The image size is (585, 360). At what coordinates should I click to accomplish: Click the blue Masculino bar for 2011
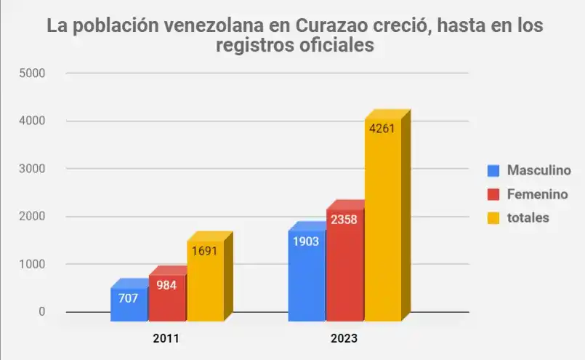pos(129,305)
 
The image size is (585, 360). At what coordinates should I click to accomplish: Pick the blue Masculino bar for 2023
pos(307,276)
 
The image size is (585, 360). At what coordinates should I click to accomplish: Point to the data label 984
pos(167,285)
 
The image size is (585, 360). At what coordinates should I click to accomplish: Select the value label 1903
pos(307,241)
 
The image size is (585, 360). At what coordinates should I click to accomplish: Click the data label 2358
pos(344,219)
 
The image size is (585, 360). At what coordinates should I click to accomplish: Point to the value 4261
pos(383,129)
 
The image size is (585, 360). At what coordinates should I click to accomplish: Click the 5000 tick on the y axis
pos(33,73)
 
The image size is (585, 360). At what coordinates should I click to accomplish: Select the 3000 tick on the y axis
pos(33,169)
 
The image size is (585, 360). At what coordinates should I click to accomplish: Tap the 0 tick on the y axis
pos(41,312)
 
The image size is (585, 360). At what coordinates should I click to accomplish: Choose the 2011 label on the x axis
pos(166,339)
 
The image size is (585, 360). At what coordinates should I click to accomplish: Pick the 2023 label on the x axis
pos(344,339)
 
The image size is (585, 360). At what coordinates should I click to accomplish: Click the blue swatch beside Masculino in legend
pos(494,171)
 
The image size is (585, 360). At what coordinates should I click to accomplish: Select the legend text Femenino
pos(537,194)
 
